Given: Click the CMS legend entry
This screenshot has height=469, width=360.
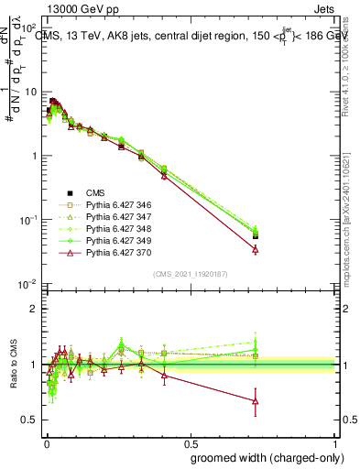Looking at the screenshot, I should pos(95,192).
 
